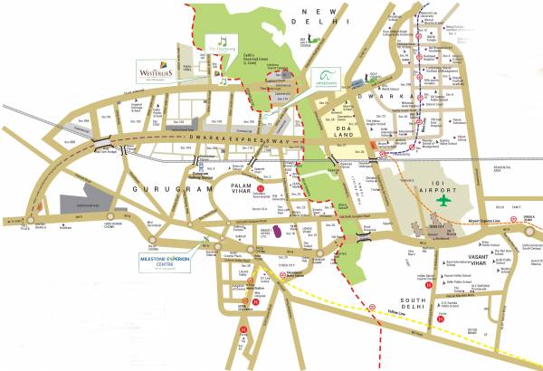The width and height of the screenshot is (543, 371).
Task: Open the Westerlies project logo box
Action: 156,71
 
